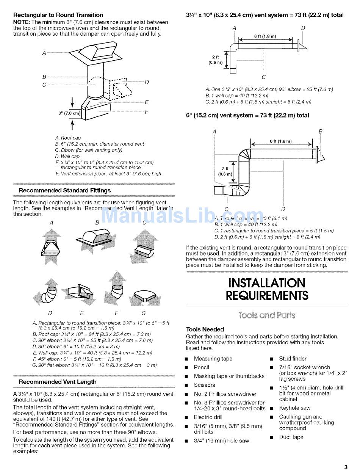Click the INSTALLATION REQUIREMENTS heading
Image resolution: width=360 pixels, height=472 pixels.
pyautogui.click(x=267, y=289)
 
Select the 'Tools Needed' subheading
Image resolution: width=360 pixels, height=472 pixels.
pyautogui.click(x=205, y=329)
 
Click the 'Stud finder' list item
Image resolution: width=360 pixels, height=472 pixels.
pyautogui.click(x=293, y=359)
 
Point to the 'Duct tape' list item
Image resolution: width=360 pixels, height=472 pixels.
pyautogui.click(x=291, y=437)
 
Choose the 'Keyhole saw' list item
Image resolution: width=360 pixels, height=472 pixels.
pyautogui.click(x=294, y=408)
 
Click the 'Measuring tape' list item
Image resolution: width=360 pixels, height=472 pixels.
pyautogui.click(x=213, y=359)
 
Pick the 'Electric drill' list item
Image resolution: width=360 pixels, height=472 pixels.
pyautogui.click(x=208, y=417)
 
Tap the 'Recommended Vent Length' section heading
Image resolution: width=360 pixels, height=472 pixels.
pyautogui.click(x=58, y=382)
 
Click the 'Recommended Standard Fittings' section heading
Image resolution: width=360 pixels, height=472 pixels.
pyautogui.click(x=65, y=190)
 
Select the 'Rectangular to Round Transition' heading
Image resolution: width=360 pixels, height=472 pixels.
pyautogui.click(x=58, y=15)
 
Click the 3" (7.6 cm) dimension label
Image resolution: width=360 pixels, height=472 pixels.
pyautogui.click(x=69, y=113)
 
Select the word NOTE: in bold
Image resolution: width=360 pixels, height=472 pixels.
pyautogui.click(x=22, y=22)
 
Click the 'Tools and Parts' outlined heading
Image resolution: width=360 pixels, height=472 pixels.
pyautogui.click(x=267, y=315)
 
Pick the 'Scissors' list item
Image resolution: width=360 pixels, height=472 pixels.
pyautogui.click(x=204, y=385)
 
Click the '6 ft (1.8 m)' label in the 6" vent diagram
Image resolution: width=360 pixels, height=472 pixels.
pyautogui.click(x=280, y=141)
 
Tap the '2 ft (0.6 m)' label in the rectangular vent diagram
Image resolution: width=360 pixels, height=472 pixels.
pyautogui.click(x=215, y=60)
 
